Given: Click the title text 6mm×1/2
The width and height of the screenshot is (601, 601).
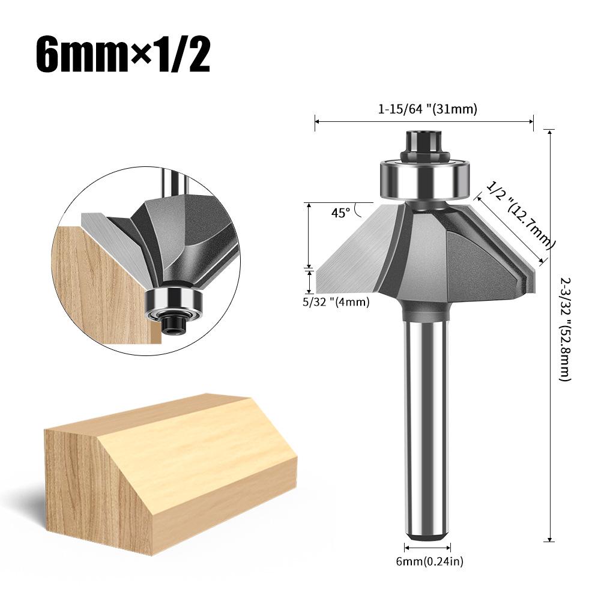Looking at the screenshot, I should click(122, 55).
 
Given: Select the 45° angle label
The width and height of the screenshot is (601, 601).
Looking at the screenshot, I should click(340, 213).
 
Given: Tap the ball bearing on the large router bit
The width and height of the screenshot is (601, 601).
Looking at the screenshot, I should click(424, 178).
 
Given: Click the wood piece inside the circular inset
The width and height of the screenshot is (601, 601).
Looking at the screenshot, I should click(99, 282).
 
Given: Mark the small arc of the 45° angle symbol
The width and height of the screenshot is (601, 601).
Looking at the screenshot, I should click(358, 210).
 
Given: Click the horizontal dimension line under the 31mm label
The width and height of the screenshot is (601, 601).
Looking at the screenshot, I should click(424, 122).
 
